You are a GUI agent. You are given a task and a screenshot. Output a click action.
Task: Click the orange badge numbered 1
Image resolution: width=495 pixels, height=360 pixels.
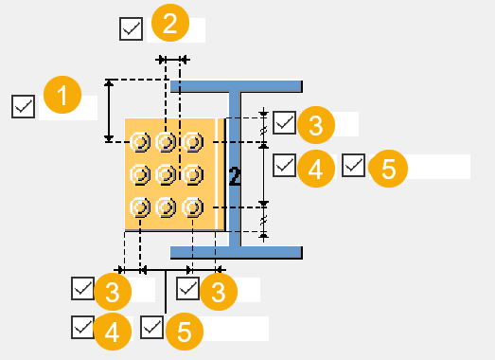(62, 98)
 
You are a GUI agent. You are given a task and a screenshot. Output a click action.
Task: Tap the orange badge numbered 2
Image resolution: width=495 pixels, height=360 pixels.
(169, 23)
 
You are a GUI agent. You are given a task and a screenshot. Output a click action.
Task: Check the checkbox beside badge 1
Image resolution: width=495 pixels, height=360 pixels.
(24, 105)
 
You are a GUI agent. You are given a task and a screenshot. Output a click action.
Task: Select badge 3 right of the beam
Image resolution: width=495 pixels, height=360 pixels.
(315, 124)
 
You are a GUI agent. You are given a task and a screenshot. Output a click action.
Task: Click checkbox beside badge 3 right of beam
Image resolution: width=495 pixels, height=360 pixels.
(285, 122)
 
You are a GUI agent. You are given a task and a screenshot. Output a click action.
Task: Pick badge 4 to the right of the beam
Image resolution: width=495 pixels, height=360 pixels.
(315, 169)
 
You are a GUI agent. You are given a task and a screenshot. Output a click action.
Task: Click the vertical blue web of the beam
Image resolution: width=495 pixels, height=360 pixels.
(235, 171)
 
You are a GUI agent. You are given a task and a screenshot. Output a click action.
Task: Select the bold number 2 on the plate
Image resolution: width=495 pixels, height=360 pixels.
(235, 175)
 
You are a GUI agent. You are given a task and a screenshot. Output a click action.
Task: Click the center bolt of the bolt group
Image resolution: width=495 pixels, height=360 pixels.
(167, 174)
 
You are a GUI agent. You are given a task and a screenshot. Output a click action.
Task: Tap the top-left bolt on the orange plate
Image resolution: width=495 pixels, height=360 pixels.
(140, 142)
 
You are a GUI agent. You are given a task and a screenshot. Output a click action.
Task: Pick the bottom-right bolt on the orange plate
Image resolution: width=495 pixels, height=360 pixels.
(193, 207)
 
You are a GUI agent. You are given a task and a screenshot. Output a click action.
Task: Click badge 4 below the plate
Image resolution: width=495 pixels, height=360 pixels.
(112, 331)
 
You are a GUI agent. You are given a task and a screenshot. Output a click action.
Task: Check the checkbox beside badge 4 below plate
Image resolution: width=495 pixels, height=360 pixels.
(82, 327)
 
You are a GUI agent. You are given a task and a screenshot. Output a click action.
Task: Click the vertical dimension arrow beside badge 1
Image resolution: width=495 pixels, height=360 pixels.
(110, 111)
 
